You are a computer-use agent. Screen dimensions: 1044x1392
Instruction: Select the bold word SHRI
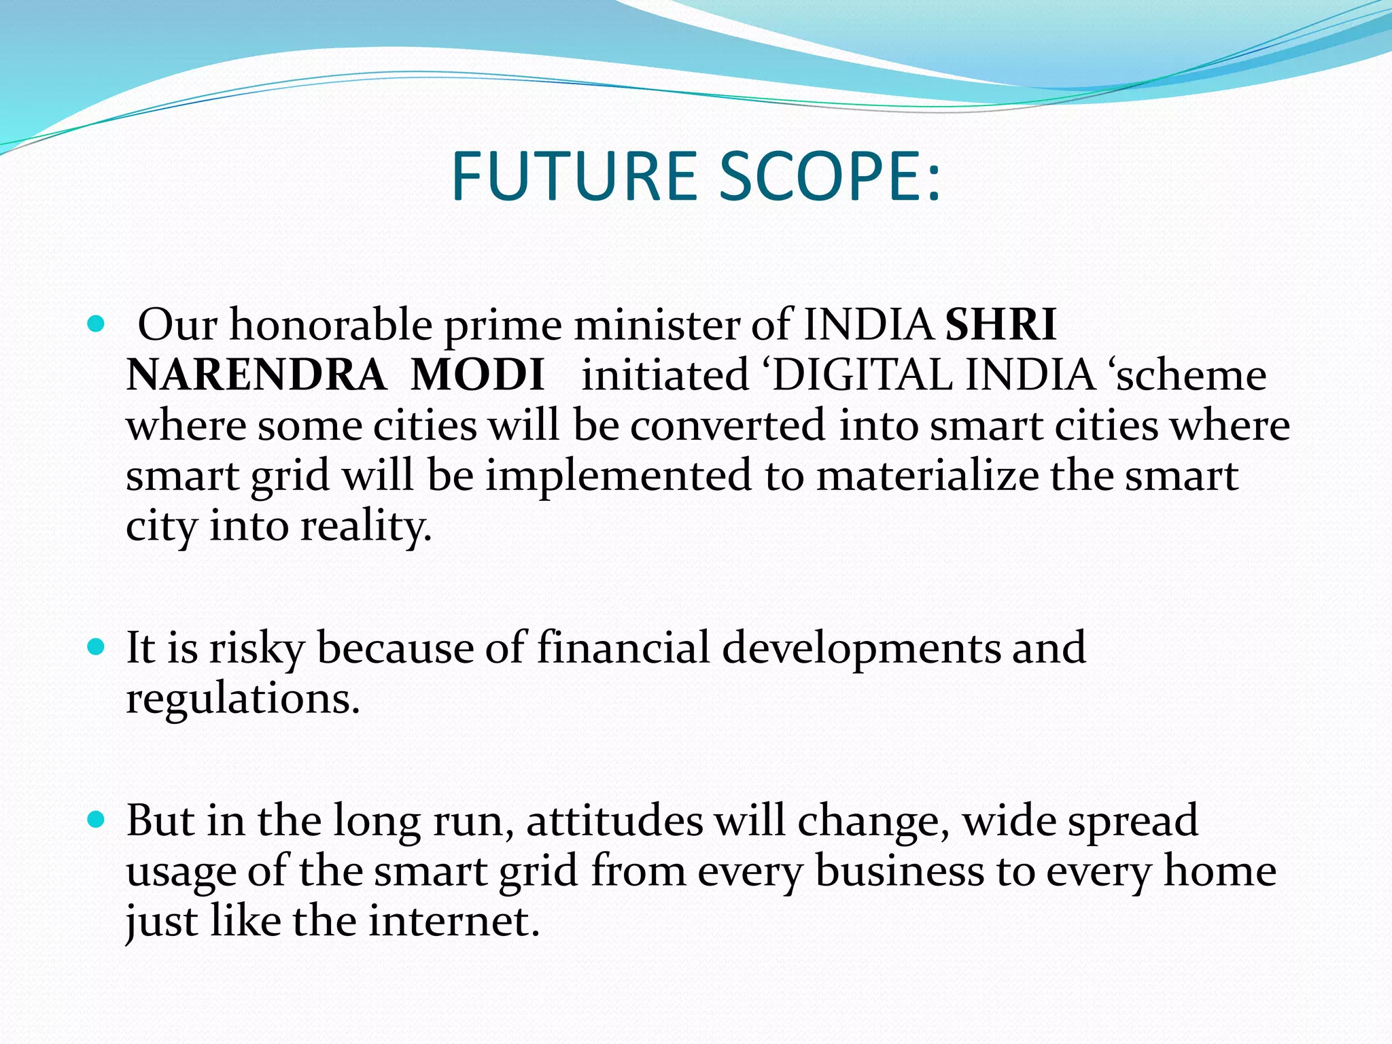click(1000, 325)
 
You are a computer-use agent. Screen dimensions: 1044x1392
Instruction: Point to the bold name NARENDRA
click(256, 375)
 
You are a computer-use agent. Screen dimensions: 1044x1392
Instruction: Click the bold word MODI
click(477, 375)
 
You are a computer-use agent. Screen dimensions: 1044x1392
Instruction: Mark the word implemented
click(618, 476)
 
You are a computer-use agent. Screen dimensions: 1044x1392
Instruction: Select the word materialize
click(927, 476)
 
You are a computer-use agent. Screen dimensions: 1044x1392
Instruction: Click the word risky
click(256, 648)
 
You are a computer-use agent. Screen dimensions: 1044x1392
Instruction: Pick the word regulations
click(243, 699)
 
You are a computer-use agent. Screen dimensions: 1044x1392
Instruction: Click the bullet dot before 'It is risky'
click(97, 646)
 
